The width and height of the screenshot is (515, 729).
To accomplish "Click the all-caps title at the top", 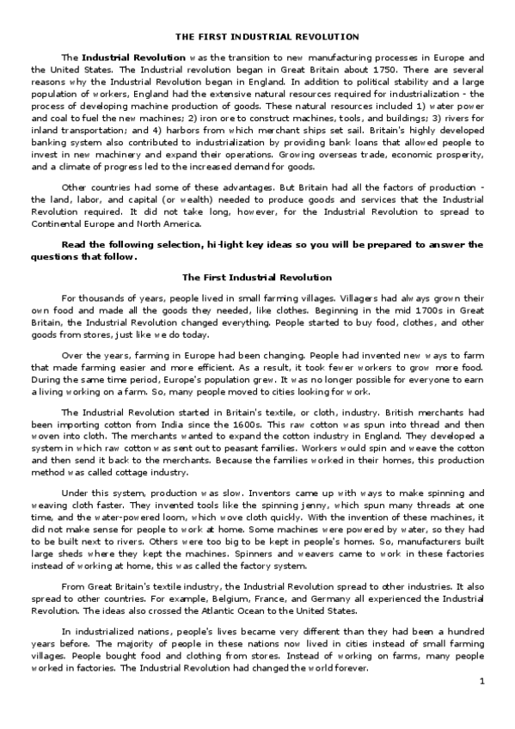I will [267, 37].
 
